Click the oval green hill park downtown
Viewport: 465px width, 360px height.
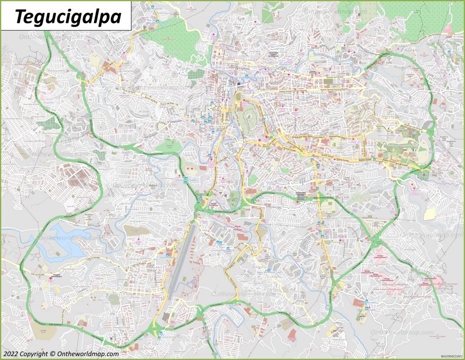(x=248, y=114)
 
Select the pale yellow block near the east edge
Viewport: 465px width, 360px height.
(x=429, y=213)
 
